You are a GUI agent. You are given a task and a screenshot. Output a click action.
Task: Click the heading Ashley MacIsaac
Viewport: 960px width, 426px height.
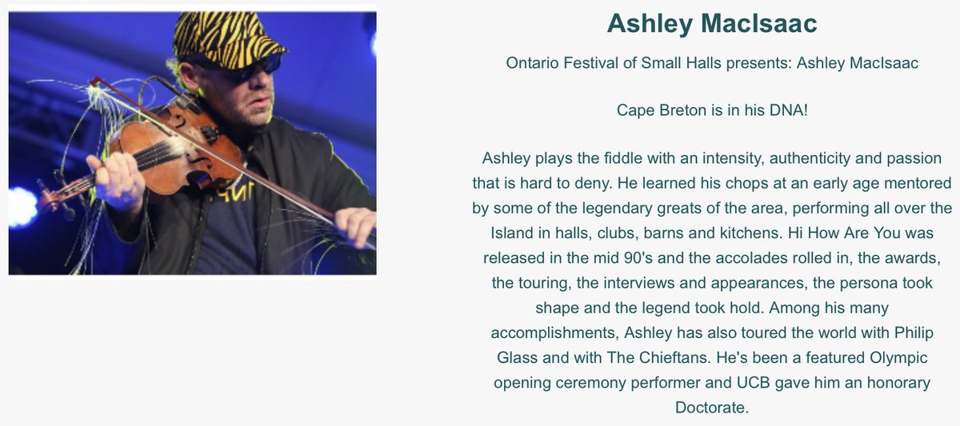pos(712,24)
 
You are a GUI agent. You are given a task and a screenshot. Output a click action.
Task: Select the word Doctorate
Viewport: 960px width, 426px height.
pos(711,408)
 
